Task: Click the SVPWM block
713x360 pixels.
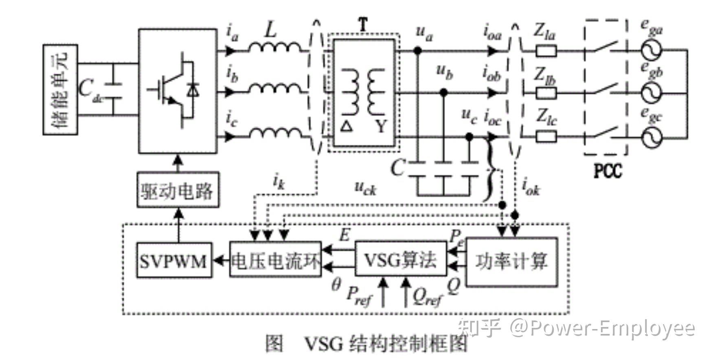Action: pyautogui.click(x=174, y=261)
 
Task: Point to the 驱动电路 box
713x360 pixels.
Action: pyautogui.click(x=177, y=190)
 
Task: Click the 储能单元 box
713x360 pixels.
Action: pyautogui.click(x=60, y=90)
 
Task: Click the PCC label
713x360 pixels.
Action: pyautogui.click(x=608, y=171)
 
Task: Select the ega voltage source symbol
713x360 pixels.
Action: pyautogui.click(x=652, y=50)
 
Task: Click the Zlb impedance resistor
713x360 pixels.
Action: pyautogui.click(x=546, y=93)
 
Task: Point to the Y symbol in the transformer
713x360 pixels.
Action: pyautogui.click(x=381, y=127)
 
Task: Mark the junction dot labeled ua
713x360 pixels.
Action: pyautogui.click(x=417, y=51)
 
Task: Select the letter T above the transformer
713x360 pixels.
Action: pyautogui.click(x=363, y=25)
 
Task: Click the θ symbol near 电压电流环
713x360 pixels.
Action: pyautogui.click(x=336, y=285)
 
